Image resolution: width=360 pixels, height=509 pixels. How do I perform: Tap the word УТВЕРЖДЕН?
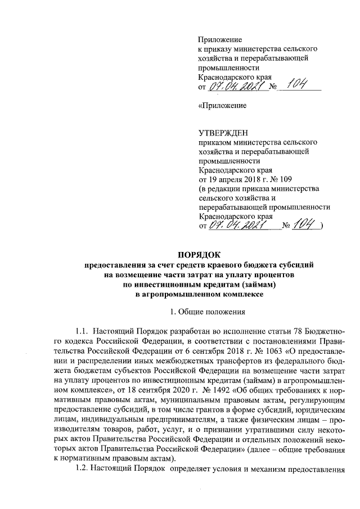click(x=224, y=133)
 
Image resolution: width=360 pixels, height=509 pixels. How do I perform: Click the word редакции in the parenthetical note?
click(x=224, y=188)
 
